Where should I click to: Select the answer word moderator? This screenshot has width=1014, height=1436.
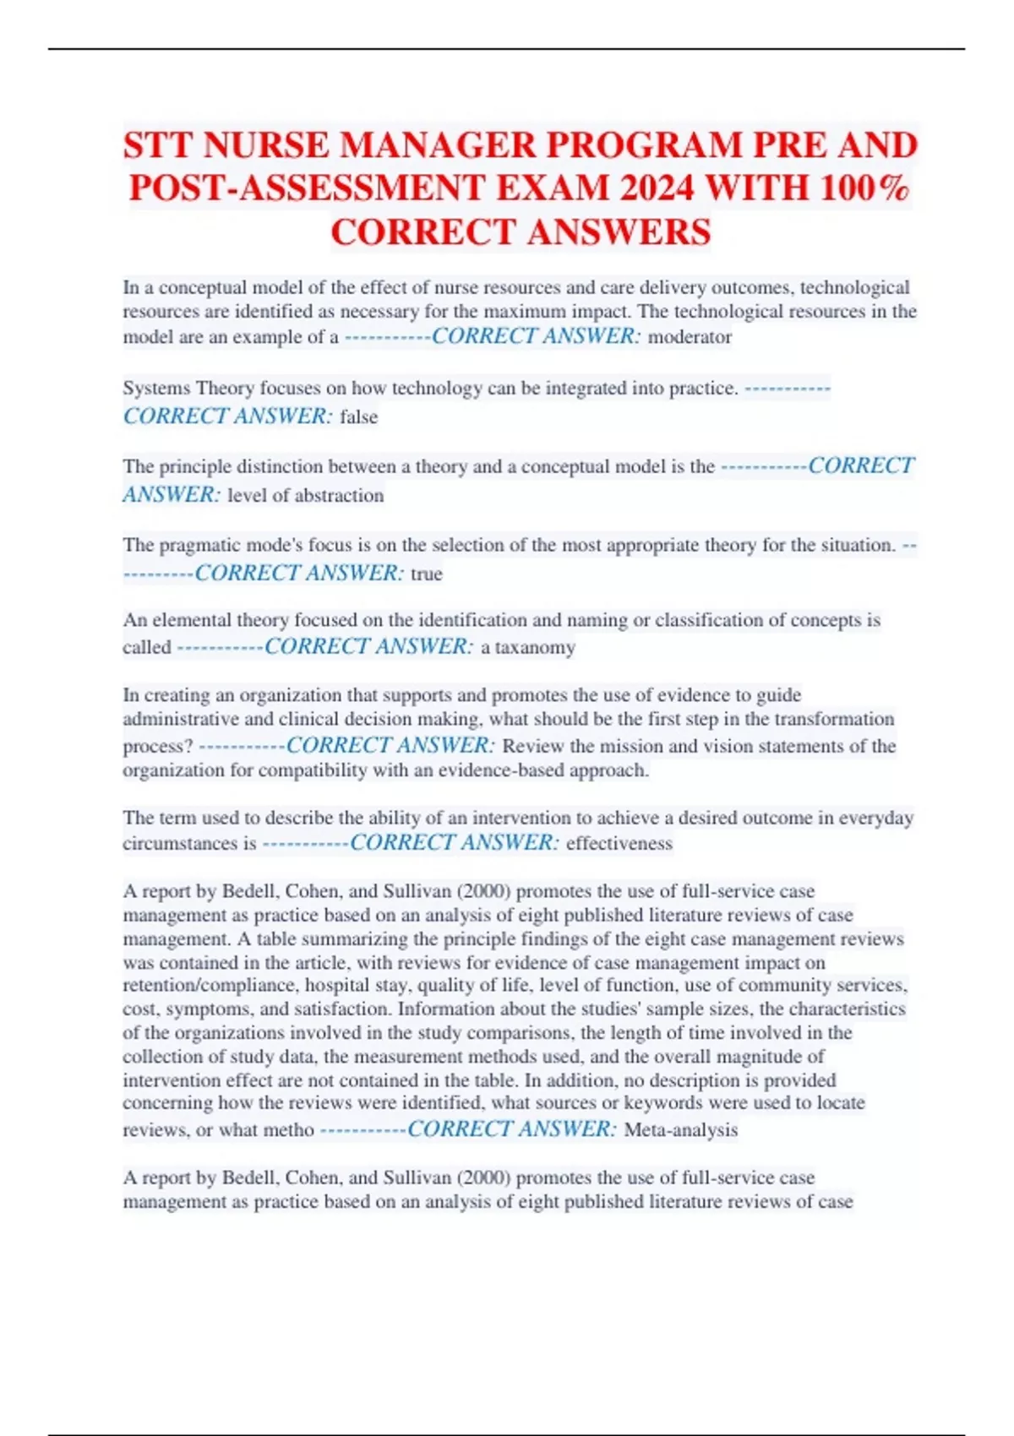pos(690,337)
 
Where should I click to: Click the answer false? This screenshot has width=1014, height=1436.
pos(358,416)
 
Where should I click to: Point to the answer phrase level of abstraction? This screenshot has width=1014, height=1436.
pos(305,495)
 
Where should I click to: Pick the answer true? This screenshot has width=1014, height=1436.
pos(427,574)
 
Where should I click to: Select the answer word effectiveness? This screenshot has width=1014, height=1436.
pos(619,843)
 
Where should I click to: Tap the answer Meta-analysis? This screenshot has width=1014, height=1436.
pos(680,1129)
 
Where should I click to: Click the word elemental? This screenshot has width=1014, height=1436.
pos(191,620)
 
